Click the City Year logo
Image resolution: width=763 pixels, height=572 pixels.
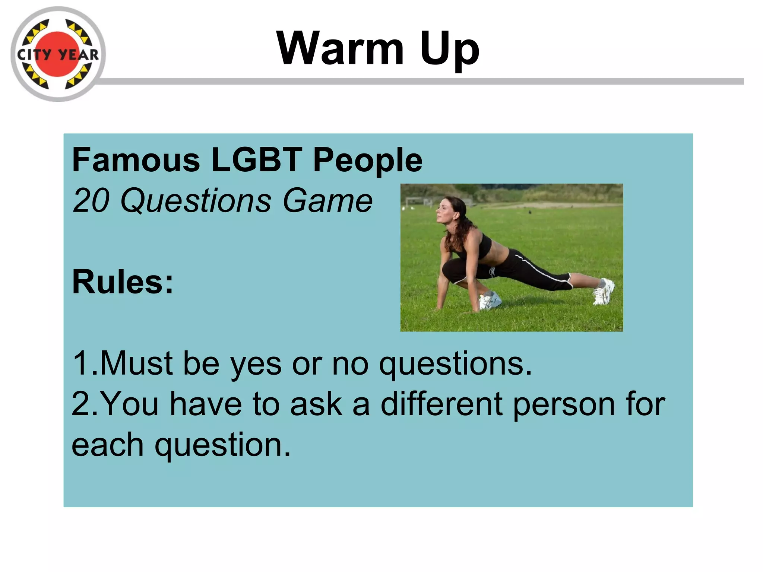[58, 54]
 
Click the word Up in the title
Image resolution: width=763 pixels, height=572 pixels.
[449, 50]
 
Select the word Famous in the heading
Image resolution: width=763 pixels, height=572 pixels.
[136, 160]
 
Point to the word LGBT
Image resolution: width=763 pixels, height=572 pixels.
[257, 160]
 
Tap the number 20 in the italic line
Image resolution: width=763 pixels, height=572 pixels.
[91, 201]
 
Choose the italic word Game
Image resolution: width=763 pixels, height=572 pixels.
[327, 201]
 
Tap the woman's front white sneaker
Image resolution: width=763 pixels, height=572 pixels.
[490, 300]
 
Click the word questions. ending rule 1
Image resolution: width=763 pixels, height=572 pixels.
[455, 365]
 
